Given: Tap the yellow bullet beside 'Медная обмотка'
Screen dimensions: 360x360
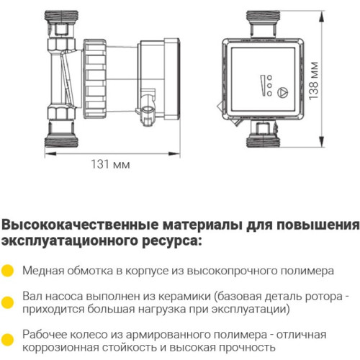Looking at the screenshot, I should tap(8, 271).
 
